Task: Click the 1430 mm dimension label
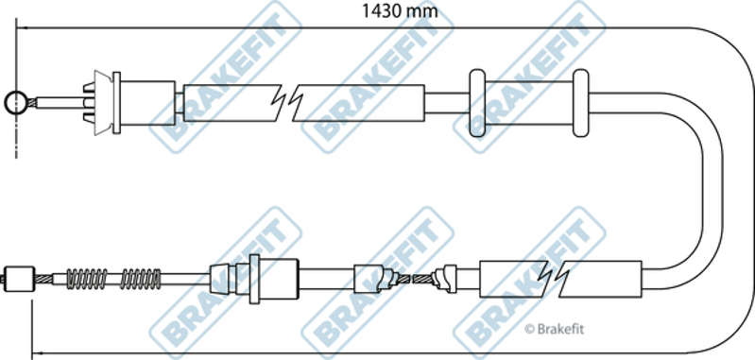(400, 10)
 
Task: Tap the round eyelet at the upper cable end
(16, 102)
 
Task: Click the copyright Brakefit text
(554, 329)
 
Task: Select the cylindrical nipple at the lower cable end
(19, 279)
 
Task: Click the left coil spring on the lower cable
(87, 278)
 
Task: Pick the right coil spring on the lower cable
(141, 278)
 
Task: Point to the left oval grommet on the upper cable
(477, 103)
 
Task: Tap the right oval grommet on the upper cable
(581, 103)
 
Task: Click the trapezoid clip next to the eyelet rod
(103, 102)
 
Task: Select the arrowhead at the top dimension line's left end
(21, 28)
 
